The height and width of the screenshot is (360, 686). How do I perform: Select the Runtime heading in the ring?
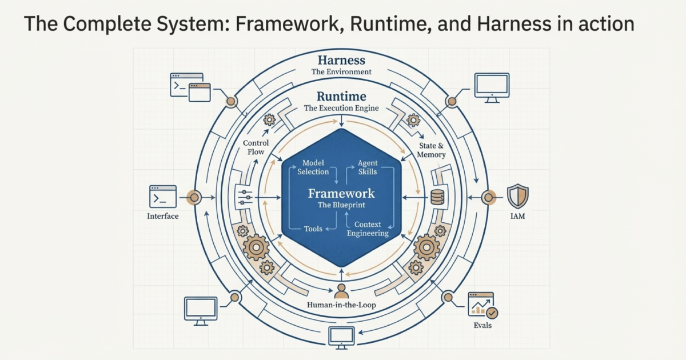(341, 96)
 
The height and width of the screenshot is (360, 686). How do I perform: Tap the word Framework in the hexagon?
(341, 193)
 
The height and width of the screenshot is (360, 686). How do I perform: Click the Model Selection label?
(313, 167)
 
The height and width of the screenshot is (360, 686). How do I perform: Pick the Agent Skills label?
(368, 167)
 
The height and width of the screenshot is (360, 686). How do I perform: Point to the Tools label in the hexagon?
(313, 229)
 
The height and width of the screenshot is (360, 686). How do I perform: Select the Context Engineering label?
(368, 229)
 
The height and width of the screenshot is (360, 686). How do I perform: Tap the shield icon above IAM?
(518, 195)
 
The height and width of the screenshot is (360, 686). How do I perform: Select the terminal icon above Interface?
(163, 196)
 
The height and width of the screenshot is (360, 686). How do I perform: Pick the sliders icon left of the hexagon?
(244, 198)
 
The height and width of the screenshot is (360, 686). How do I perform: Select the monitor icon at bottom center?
(341, 337)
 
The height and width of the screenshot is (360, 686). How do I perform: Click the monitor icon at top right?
(491, 87)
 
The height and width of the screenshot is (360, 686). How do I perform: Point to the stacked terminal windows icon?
(190, 87)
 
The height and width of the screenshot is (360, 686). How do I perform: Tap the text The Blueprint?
(341, 205)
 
